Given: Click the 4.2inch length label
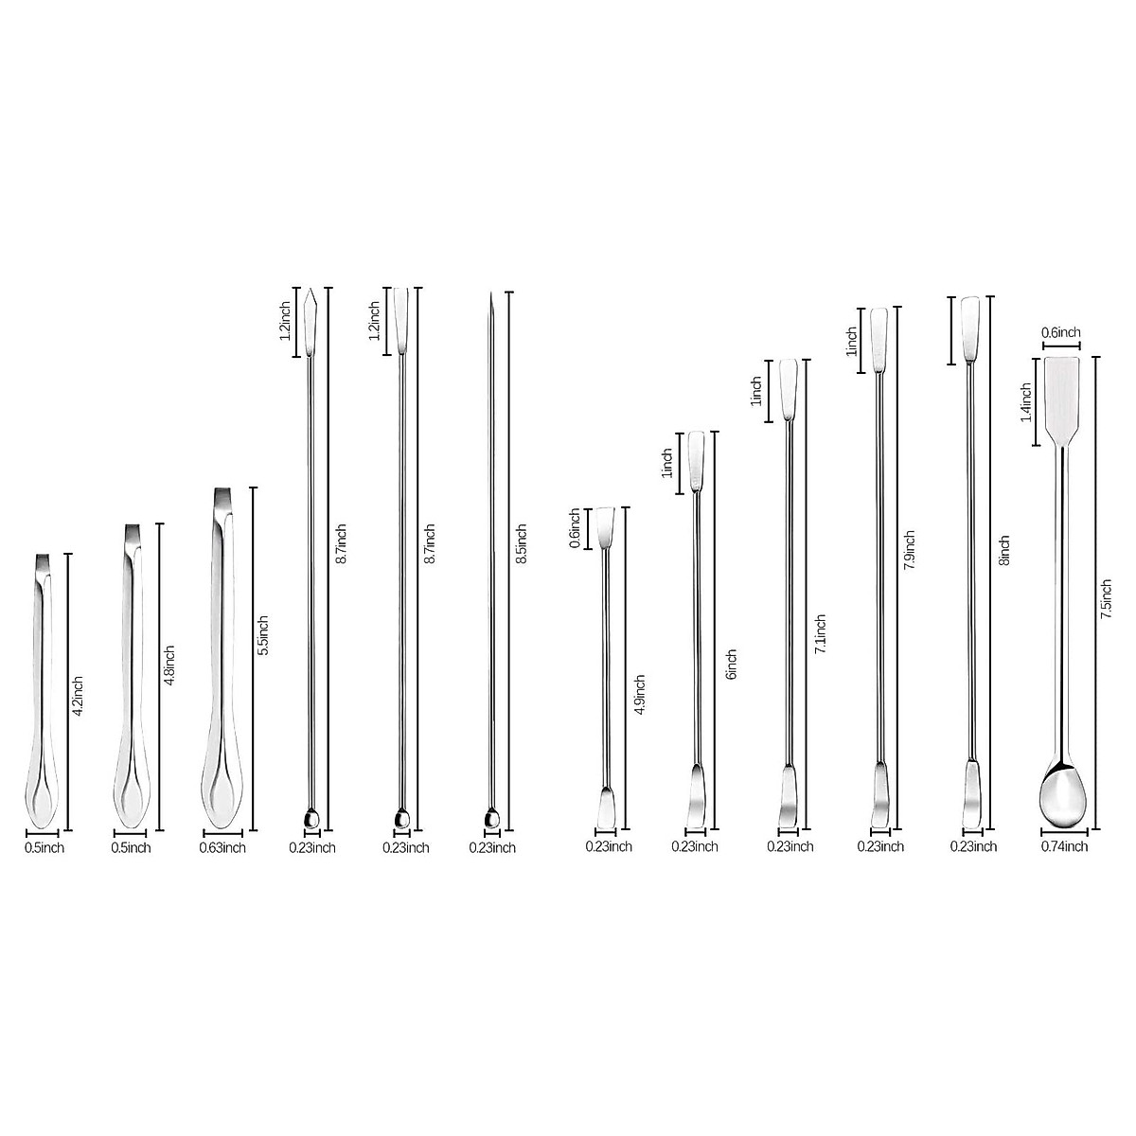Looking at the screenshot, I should click(79, 694).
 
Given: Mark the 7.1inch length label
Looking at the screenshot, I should click(821, 635).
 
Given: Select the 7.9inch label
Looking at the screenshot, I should click(910, 550).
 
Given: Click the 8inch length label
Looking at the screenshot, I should click(1004, 550).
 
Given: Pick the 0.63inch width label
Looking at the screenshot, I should click(222, 847).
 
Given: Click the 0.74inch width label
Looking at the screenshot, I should click(1064, 846).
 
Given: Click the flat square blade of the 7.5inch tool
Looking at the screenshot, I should click(1062, 398).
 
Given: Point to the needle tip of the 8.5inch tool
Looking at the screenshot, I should click(492, 301).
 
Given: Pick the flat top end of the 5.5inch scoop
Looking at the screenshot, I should click(222, 499).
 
